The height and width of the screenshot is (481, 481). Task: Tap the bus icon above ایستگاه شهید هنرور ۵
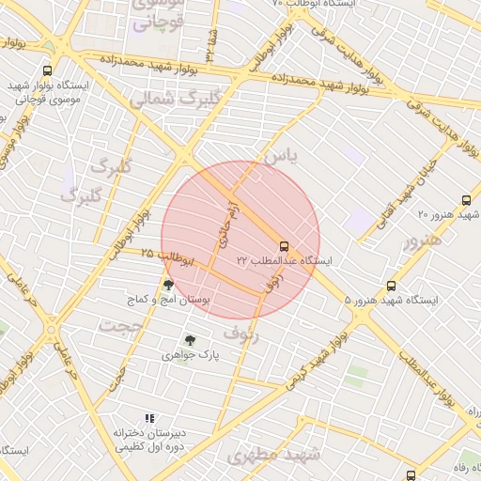pyautogui.click(x=391, y=287)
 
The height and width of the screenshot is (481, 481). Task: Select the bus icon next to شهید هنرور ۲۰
pyautogui.click(x=466, y=200)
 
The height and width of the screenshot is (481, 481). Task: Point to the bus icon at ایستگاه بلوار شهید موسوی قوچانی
pyautogui.click(x=48, y=70)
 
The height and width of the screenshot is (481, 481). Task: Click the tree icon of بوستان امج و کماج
pyautogui.click(x=168, y=285)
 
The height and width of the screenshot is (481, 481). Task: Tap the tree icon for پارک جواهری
pyautogui.click(x=191, y=340)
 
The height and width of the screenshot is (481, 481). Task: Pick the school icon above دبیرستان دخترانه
pyautogui.click(x=148, y=418)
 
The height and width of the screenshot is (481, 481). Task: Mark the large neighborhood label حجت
pyautogui.click(x=124, y=328)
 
